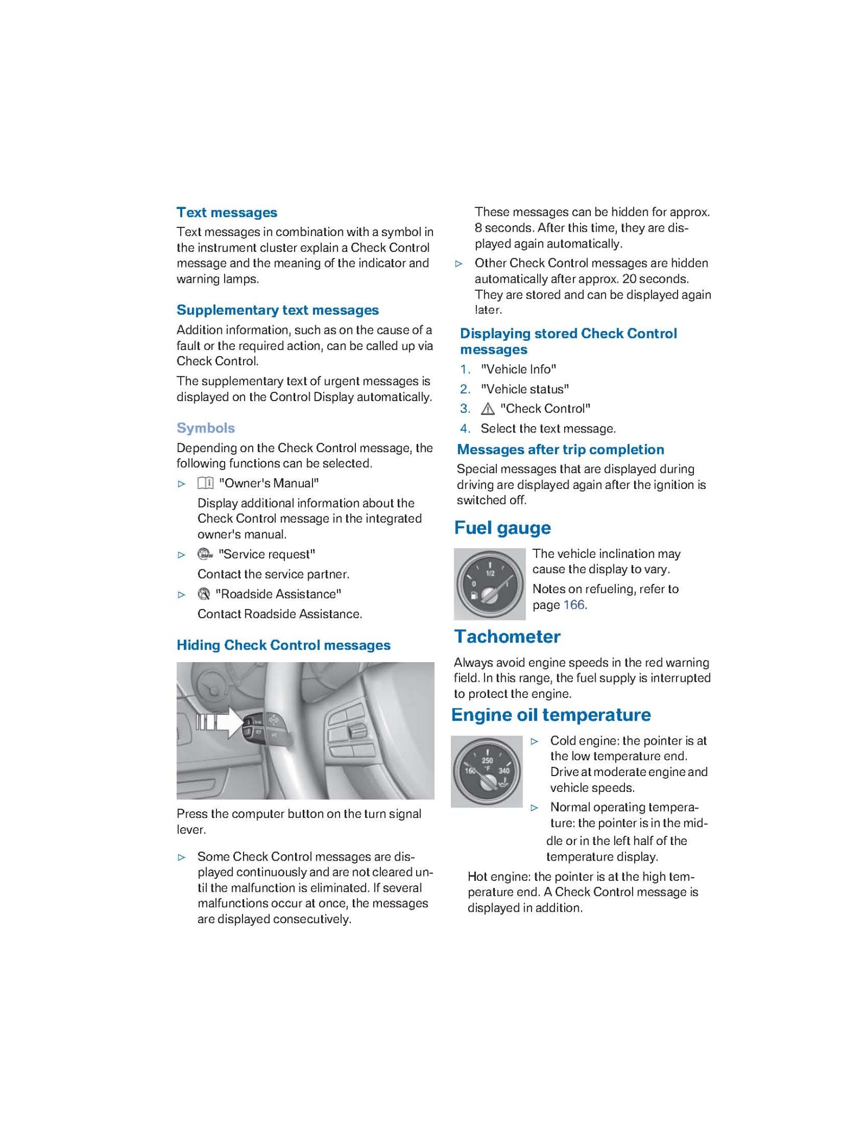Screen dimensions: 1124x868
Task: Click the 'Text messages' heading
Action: point(227,212)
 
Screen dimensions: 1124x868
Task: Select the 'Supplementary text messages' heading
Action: point(277,310)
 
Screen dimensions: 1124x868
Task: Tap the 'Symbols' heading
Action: point(206,428)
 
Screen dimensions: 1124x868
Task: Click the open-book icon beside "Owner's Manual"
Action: point(205,483)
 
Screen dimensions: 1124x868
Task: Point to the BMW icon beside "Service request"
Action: point(205,554)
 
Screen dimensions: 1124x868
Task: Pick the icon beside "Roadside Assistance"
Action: point(204,594)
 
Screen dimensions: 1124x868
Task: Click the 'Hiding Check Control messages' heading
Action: point(283,645)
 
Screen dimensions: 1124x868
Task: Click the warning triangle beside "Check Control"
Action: point(488,409)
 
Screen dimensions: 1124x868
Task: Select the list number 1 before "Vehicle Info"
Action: point(465,370)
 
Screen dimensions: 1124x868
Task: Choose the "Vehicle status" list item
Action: point(525,389)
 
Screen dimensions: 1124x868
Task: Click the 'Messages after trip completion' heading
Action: point(560,449)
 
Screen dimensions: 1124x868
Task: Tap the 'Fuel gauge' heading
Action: point(502,528)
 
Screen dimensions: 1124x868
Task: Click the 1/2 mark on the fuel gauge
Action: point(490,573)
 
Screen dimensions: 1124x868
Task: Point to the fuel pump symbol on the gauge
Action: point(475,596)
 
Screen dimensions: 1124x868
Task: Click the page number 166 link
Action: point(574,605)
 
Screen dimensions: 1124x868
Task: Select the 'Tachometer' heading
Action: point(507,637)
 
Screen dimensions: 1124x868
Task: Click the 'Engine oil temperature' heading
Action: point(551,715)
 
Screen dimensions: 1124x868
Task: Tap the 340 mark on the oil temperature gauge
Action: point(504,771)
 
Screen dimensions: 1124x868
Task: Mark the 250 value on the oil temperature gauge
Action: point(487,760)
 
